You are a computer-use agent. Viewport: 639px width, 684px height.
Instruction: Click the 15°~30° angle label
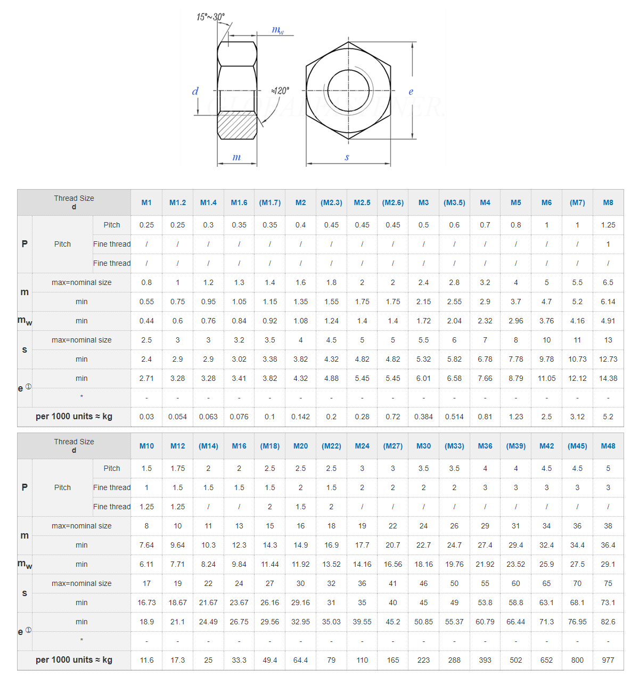pos(210,17)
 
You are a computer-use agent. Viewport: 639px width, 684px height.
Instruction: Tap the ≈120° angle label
pos(280,91)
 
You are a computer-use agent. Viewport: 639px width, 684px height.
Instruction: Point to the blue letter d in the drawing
pos(195,91)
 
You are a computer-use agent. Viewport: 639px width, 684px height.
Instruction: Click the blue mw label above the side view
pos(278,30)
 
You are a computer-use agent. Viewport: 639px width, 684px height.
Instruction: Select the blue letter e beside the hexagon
pos(411,92)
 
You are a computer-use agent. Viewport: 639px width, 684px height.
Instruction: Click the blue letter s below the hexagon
pos(347,157)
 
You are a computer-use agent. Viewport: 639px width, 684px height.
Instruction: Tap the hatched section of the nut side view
pos(237,125)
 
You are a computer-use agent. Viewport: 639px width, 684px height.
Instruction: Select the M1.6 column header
pos(239,202)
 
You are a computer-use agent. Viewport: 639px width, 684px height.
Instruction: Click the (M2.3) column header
pos(331,202)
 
